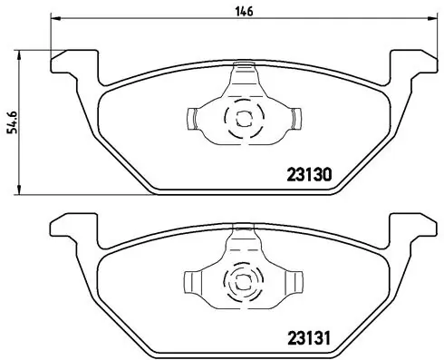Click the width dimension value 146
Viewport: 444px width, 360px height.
coord(245,11)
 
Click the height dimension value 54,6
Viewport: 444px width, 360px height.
coord(13,119)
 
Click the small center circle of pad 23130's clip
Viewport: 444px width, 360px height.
coord(243,117)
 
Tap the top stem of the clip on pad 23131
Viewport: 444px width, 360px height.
coord(243,238)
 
